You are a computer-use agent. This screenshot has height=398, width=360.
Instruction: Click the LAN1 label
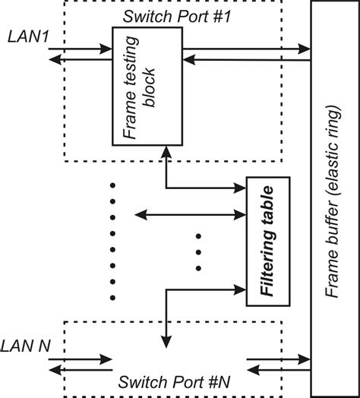point(27,36)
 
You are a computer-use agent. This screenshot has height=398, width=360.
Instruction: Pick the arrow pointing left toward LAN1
point(80,63)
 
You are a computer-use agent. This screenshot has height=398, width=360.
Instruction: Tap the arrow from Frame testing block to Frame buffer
point(247,51)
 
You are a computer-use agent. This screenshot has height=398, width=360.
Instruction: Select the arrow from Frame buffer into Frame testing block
point(247,62)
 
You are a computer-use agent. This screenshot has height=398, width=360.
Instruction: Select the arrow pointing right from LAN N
point(80,360)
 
